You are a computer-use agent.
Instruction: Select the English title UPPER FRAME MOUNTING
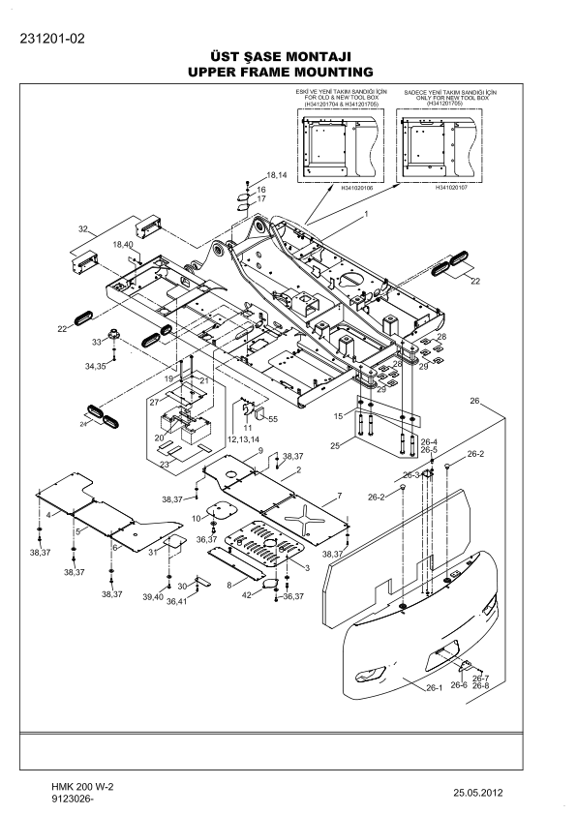tap(281, 73)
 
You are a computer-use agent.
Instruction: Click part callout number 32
tap(84, 229)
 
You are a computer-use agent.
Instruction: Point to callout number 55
tap(273, 419)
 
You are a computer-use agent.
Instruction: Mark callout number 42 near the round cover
tap(247, 594)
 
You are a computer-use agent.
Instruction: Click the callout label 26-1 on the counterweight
tap(434, 687)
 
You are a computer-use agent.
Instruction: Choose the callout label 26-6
tap(458, 685)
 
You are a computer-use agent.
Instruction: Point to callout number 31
tap(152, 552)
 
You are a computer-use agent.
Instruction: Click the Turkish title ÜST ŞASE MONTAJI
tap(281, 57)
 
